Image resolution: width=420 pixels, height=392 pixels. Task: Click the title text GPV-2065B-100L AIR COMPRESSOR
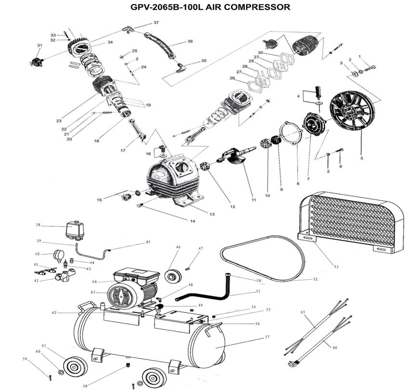pos(210,7)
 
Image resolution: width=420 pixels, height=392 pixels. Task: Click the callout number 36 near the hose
pos(190,41)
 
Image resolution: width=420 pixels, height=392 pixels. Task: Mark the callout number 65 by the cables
pos(303,312)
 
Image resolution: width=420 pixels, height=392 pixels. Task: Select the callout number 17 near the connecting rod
pos(123,150)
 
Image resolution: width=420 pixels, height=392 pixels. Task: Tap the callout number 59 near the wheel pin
pos(25,358)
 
